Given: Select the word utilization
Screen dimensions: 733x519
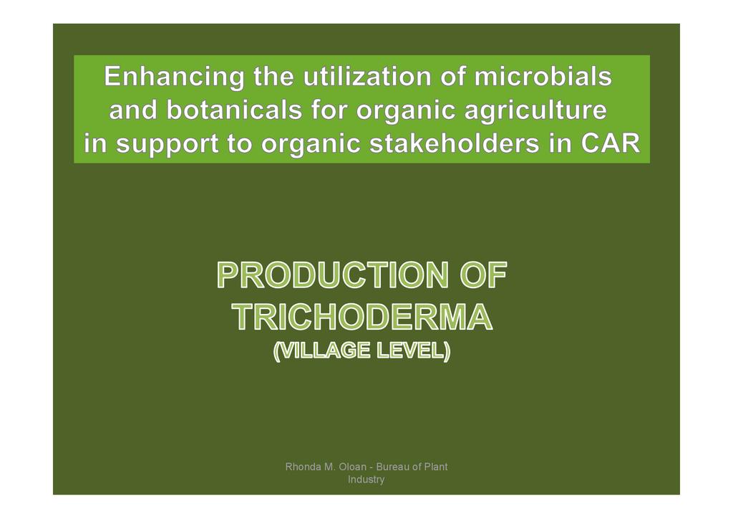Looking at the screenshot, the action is (367, 76).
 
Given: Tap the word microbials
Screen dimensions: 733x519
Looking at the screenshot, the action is (543, 76).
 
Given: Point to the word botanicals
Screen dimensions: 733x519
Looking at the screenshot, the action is (234, 110).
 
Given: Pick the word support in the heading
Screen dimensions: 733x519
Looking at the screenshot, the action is (167, 144).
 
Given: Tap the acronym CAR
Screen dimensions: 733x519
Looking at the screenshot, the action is (610, 143).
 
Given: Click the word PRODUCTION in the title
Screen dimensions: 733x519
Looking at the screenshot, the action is (334, 275).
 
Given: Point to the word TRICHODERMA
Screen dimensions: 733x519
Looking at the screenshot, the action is (362, 318).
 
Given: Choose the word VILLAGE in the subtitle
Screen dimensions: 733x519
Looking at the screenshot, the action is (321, 351).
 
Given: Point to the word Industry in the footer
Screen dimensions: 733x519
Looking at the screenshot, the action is (366, 480).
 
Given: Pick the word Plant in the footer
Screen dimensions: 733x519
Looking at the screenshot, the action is (435, 467).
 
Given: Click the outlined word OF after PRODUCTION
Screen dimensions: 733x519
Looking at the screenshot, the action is (483, 275).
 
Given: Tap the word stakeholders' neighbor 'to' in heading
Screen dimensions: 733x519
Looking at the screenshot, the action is (239, 143).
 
